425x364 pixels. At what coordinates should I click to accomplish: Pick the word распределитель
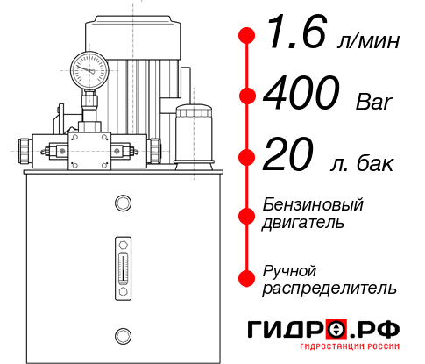(329, 288)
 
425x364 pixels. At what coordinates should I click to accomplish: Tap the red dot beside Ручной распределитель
(248, 278)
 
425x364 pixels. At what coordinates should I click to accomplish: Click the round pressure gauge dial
(88, 68)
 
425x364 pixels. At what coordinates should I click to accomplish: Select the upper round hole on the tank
(122, 203)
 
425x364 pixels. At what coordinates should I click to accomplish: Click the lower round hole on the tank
(122, 333)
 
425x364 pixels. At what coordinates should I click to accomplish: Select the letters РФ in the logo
(378, 330)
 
